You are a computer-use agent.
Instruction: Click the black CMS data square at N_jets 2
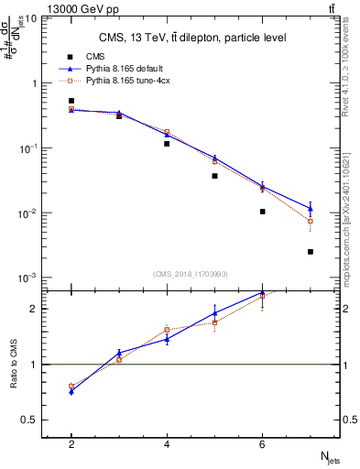pyautogui.click(x=71, y=101)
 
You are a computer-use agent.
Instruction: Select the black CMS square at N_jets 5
pyautogui.click(x=214, y=175)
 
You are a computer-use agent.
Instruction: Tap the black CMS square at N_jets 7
pyautogui.click(x=311, y=251)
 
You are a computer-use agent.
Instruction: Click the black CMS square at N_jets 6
pyautogui.click(x=263, y=212)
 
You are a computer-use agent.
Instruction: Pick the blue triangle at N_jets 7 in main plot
pyautogui.click(x=311, y=208)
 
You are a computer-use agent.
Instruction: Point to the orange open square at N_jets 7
pyautogui.click(x=311, y=221)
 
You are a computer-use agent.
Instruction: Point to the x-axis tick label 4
pyautogui.click(x=167, y=445)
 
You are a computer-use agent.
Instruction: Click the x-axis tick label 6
pyautogui.click(x=263, y=445)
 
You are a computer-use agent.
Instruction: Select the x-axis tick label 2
pyautogui.click(x=71, y=445)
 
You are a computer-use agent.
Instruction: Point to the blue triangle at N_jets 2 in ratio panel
pyautogui.click(x=71, y=391)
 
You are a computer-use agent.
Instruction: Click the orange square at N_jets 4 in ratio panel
pyautogui.click(x=167, y=330)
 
